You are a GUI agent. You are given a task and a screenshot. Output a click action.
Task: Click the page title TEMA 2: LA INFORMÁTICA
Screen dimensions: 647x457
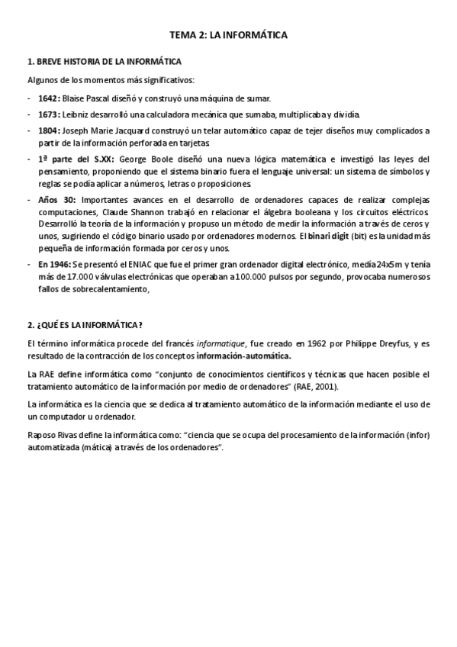click(x=228, y=35)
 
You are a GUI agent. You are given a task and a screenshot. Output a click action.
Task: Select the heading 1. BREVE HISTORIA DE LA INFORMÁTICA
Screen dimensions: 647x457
click(x=104, y=61)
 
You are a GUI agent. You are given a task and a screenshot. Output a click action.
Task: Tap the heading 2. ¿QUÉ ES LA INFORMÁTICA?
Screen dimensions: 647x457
click(x=85, y=324)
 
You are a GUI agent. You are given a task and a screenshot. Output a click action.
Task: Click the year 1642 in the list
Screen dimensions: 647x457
click(x=49, y=98)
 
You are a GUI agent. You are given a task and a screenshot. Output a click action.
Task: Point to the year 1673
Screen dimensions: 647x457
click(x=49, y=114)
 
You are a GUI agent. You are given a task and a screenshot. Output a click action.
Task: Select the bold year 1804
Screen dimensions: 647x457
click(x=49, y=131)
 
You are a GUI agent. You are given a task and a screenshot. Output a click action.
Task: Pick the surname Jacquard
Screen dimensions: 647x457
click(x=134, y=131)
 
